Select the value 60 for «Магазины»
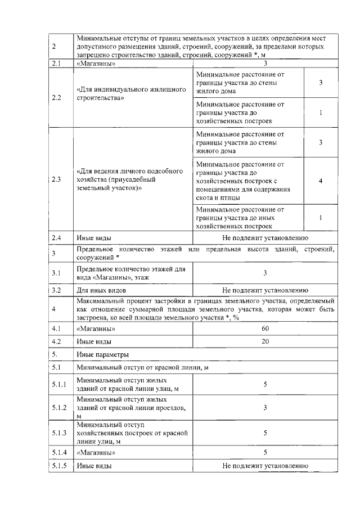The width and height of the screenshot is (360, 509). [x=265, y=328]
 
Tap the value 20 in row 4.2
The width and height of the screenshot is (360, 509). [x=265, y=341]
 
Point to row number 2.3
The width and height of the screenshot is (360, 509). [x=56, y=180]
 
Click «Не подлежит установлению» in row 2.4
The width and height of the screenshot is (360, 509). [x=265, y=237]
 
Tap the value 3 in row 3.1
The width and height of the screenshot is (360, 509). [x=265, y=273]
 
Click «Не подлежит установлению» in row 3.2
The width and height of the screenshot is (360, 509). [x=265, y=291]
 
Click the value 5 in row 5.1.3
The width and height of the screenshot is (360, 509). [x=265, y=433]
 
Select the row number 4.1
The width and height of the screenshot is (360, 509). [x=56, y=328]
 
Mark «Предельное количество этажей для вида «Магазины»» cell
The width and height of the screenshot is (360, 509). [x=130, y=273]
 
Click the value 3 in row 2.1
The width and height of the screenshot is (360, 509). [x=265, y=64]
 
